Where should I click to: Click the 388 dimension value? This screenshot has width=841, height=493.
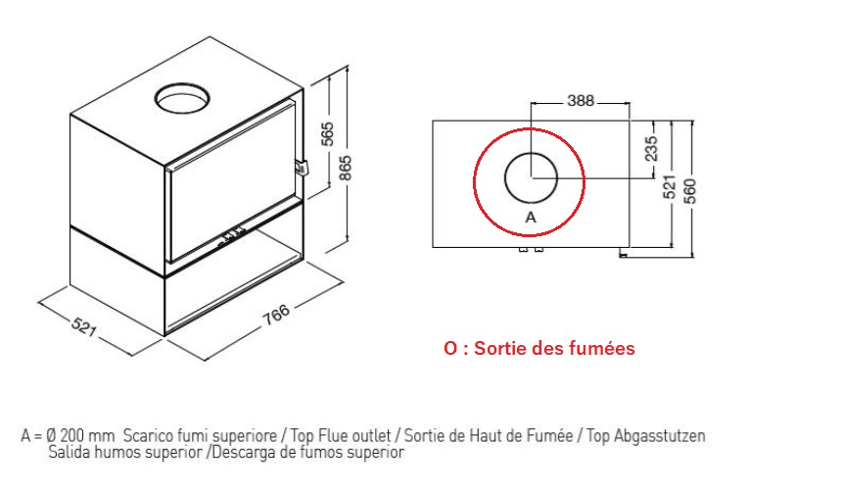click(581, 100)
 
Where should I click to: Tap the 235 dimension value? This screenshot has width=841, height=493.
click(651, 149)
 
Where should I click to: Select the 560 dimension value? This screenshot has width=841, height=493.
click(689, 191)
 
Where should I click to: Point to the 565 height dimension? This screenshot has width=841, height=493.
click(328, 133)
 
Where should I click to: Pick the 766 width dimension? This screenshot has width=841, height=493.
click(276, 315)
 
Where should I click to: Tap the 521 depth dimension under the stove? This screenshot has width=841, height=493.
click(84, 326)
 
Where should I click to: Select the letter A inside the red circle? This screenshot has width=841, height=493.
click(531, 218)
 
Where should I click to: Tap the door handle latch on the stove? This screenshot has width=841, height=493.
click(302, 167)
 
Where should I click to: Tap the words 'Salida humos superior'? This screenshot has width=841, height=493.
click(125, 452)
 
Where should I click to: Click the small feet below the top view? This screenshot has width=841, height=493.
click(531, 250)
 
